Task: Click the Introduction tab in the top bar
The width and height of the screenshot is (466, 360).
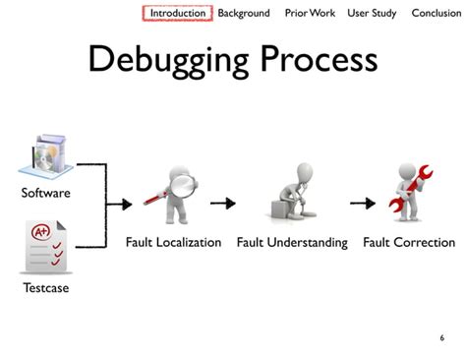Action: [178, 13]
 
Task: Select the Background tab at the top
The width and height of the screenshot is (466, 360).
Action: [244, 13]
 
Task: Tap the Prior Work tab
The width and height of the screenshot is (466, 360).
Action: [310, 13]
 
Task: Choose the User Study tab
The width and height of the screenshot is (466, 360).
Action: [371, 13]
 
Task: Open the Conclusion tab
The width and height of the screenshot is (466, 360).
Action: [436, 13]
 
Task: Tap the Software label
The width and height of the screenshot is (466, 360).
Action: [45, 193]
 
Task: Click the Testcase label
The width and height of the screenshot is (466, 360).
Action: [45, 288]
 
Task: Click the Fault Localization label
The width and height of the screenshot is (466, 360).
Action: [173, 242]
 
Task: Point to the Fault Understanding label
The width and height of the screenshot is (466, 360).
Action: [292, 242]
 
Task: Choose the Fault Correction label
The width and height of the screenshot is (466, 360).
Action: [409, 242]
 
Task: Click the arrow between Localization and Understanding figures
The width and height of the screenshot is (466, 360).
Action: [223, 204]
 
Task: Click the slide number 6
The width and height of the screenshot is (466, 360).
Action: [441, 337]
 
